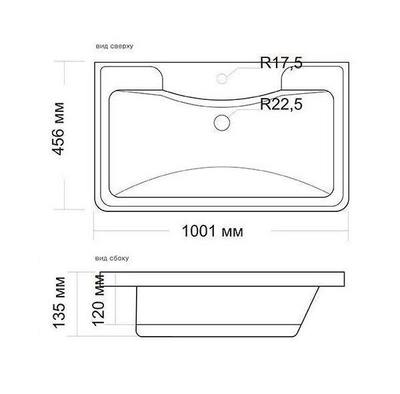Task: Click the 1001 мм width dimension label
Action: tap(212, 231)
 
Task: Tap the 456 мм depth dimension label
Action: tap(58, 129)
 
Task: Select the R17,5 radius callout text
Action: tap(281, 63)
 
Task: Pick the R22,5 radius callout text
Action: tap(281, 105)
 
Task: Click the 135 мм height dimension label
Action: tap(59, 303)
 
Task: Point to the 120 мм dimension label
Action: tap(99, 301)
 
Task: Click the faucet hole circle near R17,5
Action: tap(222, 79)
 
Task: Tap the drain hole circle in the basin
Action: tap(222, 123)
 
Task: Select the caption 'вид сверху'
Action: tap(115, 46)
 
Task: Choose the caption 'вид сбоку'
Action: tap(112, 258)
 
